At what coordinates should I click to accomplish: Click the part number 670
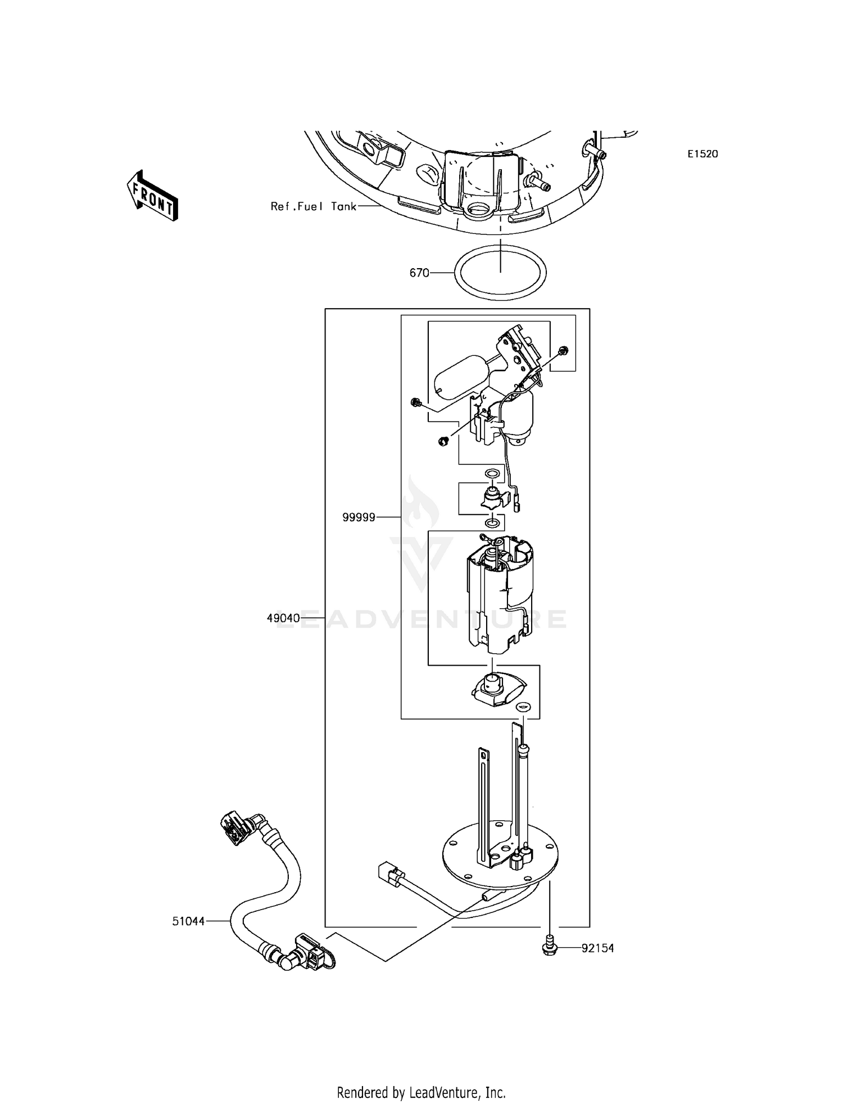419,273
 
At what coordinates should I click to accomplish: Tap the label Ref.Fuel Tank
313,206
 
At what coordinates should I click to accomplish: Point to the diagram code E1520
703,154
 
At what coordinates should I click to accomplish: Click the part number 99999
359,517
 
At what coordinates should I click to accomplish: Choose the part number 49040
283,618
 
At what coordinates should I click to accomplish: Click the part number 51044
188,921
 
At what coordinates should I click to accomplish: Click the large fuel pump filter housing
497,596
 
